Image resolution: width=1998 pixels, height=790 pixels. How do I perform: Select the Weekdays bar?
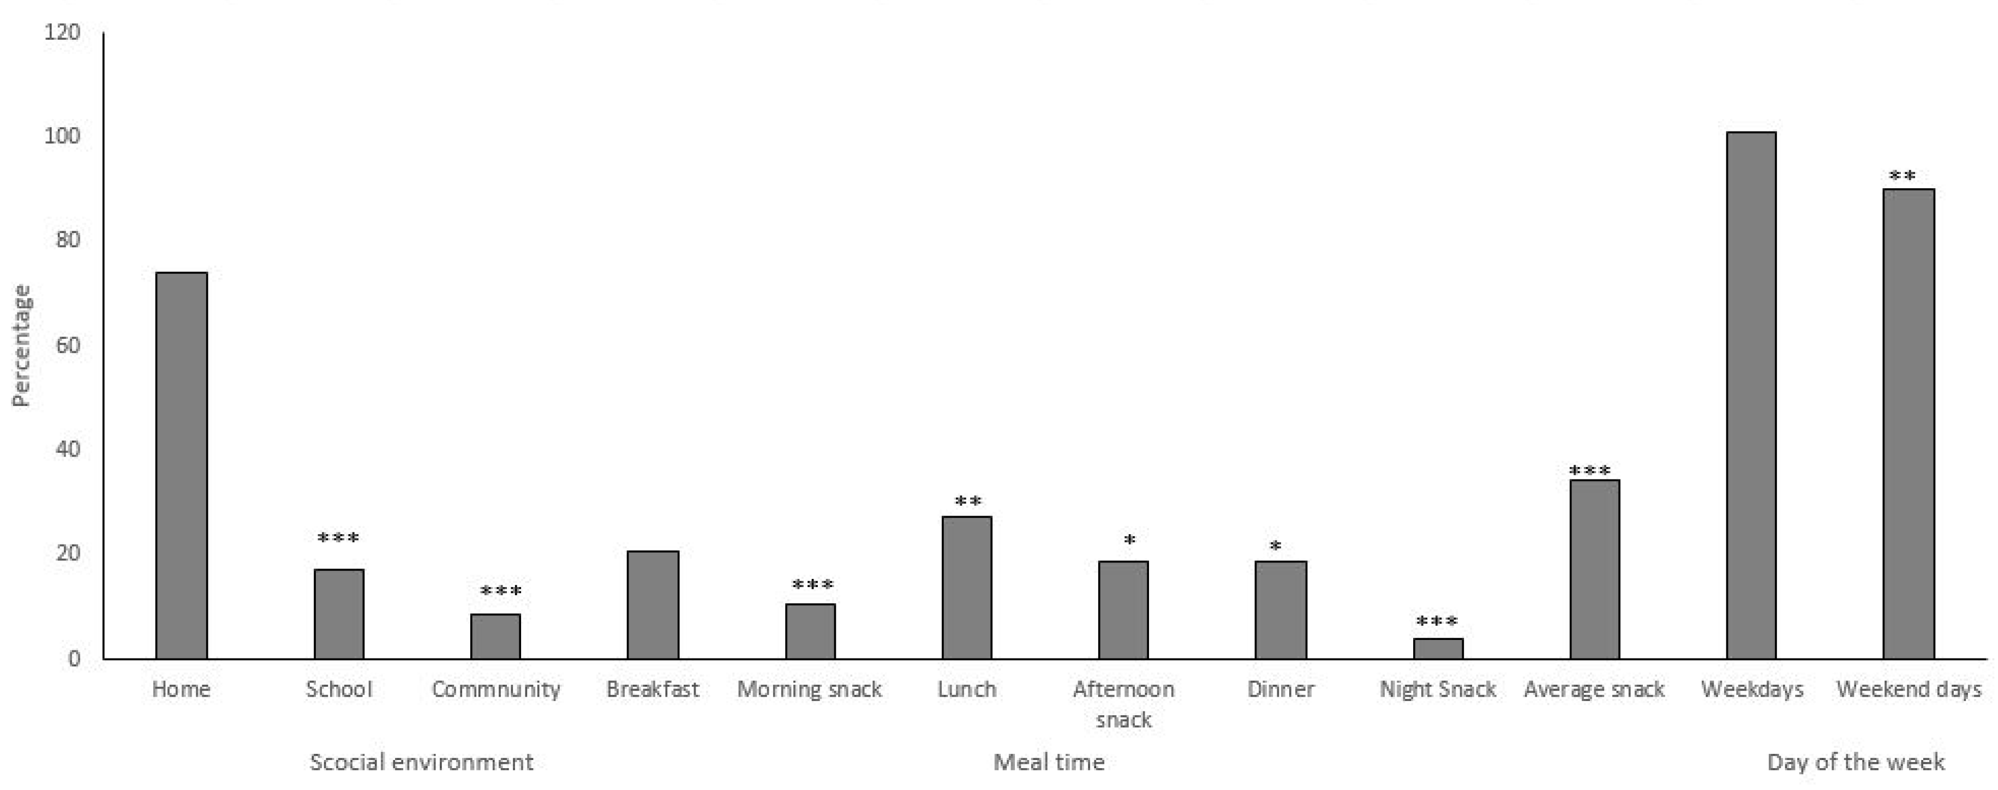[1751, 396]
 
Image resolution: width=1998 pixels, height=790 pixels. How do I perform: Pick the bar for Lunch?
[966, 588]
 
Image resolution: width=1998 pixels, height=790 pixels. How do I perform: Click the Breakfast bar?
[653, 605]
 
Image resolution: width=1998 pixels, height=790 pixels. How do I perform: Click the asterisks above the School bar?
[338, 538]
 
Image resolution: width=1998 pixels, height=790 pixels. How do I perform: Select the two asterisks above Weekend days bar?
[1902, 177]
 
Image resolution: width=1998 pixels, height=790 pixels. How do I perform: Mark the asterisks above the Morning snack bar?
[812, 585]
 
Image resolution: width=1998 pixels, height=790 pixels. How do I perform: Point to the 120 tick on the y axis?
[62, 33]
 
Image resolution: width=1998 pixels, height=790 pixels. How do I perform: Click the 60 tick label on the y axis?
[68, 345]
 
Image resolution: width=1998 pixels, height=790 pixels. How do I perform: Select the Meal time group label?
[1049, 762]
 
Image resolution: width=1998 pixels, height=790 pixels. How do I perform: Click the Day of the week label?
[1855, 762]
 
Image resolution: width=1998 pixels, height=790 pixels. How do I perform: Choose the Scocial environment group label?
[421, 762]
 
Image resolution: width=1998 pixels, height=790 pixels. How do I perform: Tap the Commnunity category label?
[495, 689]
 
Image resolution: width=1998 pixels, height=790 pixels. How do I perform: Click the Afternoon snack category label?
[1123, 704]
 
